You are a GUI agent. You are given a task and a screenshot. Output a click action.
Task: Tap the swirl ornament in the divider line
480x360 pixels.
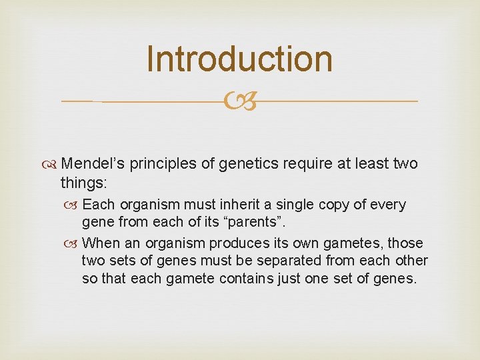click(239, 101)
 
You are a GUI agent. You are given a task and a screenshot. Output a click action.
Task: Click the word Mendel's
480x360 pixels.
click(101, 163)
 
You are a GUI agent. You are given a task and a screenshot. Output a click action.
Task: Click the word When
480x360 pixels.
click(102, 243)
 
